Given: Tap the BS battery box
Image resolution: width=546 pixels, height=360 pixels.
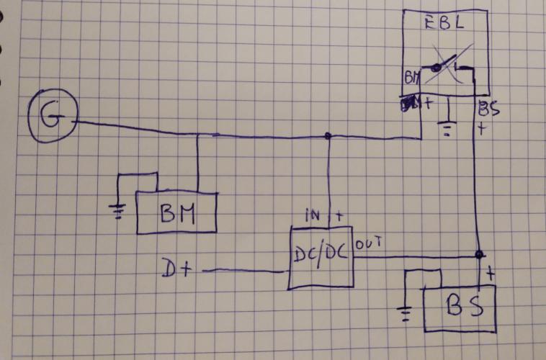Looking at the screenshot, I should coord(458,306).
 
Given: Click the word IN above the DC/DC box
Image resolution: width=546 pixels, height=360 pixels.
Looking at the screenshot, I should coord(314,215).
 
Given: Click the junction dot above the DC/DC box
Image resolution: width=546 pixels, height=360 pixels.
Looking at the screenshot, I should coord(328,135).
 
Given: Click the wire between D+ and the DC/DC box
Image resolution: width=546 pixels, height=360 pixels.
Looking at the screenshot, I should coord(241,271).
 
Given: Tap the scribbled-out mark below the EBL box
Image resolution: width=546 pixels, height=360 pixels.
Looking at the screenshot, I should coord(409,106).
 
